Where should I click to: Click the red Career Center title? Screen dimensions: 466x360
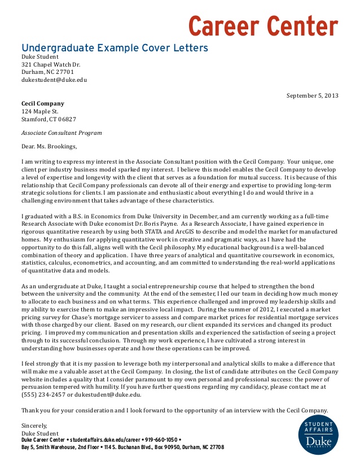262,25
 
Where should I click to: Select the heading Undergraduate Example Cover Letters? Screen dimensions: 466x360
115,47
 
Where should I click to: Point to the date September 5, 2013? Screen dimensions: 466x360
312,95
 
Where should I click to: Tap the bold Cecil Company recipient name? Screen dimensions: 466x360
43,104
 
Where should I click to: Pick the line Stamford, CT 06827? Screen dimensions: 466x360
49,120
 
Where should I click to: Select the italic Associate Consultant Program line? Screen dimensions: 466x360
62,133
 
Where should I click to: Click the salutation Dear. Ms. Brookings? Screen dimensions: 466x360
49,147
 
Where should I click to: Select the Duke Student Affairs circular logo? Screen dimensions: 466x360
318,434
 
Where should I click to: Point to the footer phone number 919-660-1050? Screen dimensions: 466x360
160,439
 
